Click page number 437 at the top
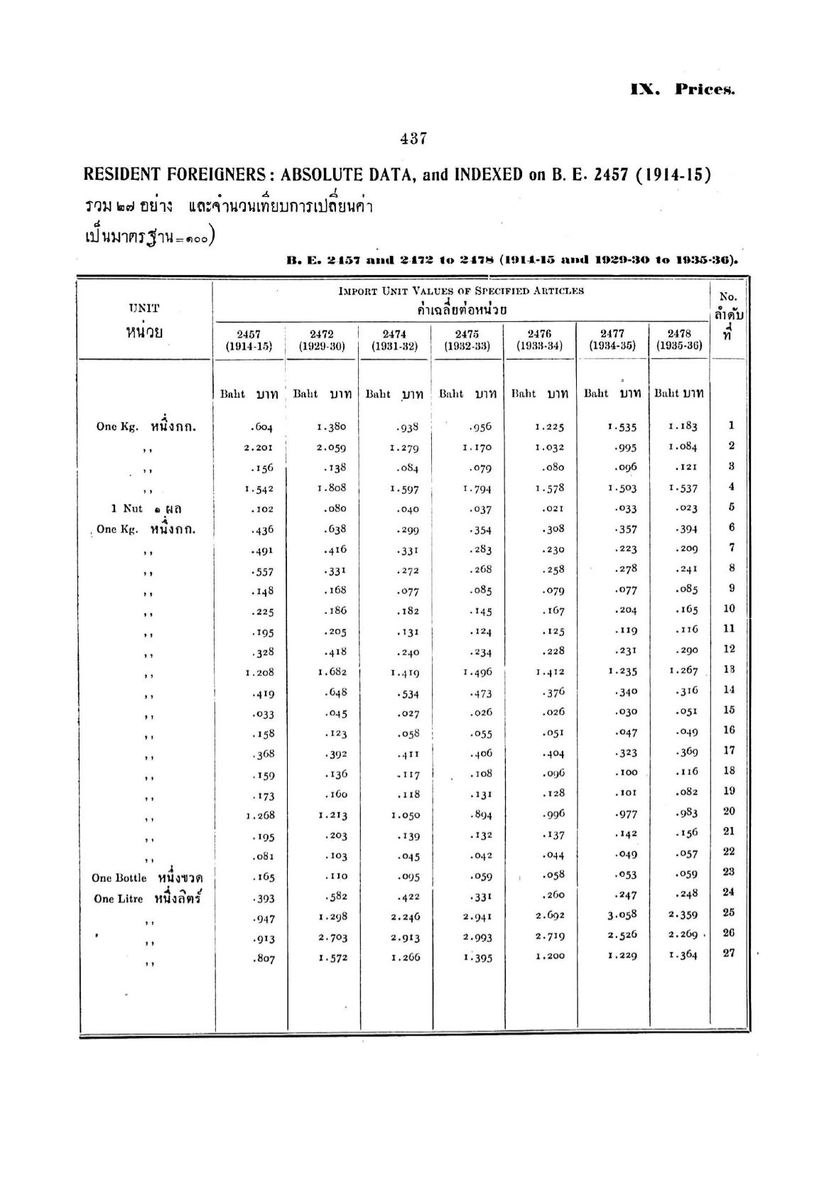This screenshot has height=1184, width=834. point(413,139)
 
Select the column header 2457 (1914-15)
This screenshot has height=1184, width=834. point(249,340)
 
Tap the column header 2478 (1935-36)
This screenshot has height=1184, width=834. point(679,340)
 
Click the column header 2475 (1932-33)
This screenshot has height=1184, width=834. point(467,340)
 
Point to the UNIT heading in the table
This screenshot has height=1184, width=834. point(144,308)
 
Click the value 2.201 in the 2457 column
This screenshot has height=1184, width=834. point(259,448)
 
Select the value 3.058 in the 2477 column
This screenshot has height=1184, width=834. point(622,915)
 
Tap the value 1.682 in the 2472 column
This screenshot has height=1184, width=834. point(331,672)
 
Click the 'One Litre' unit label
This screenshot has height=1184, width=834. point(118,899)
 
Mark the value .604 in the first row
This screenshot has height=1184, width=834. point(261,427)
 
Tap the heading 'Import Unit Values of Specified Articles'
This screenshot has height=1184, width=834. point(461,291)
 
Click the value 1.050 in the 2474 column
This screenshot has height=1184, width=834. point(405,816)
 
